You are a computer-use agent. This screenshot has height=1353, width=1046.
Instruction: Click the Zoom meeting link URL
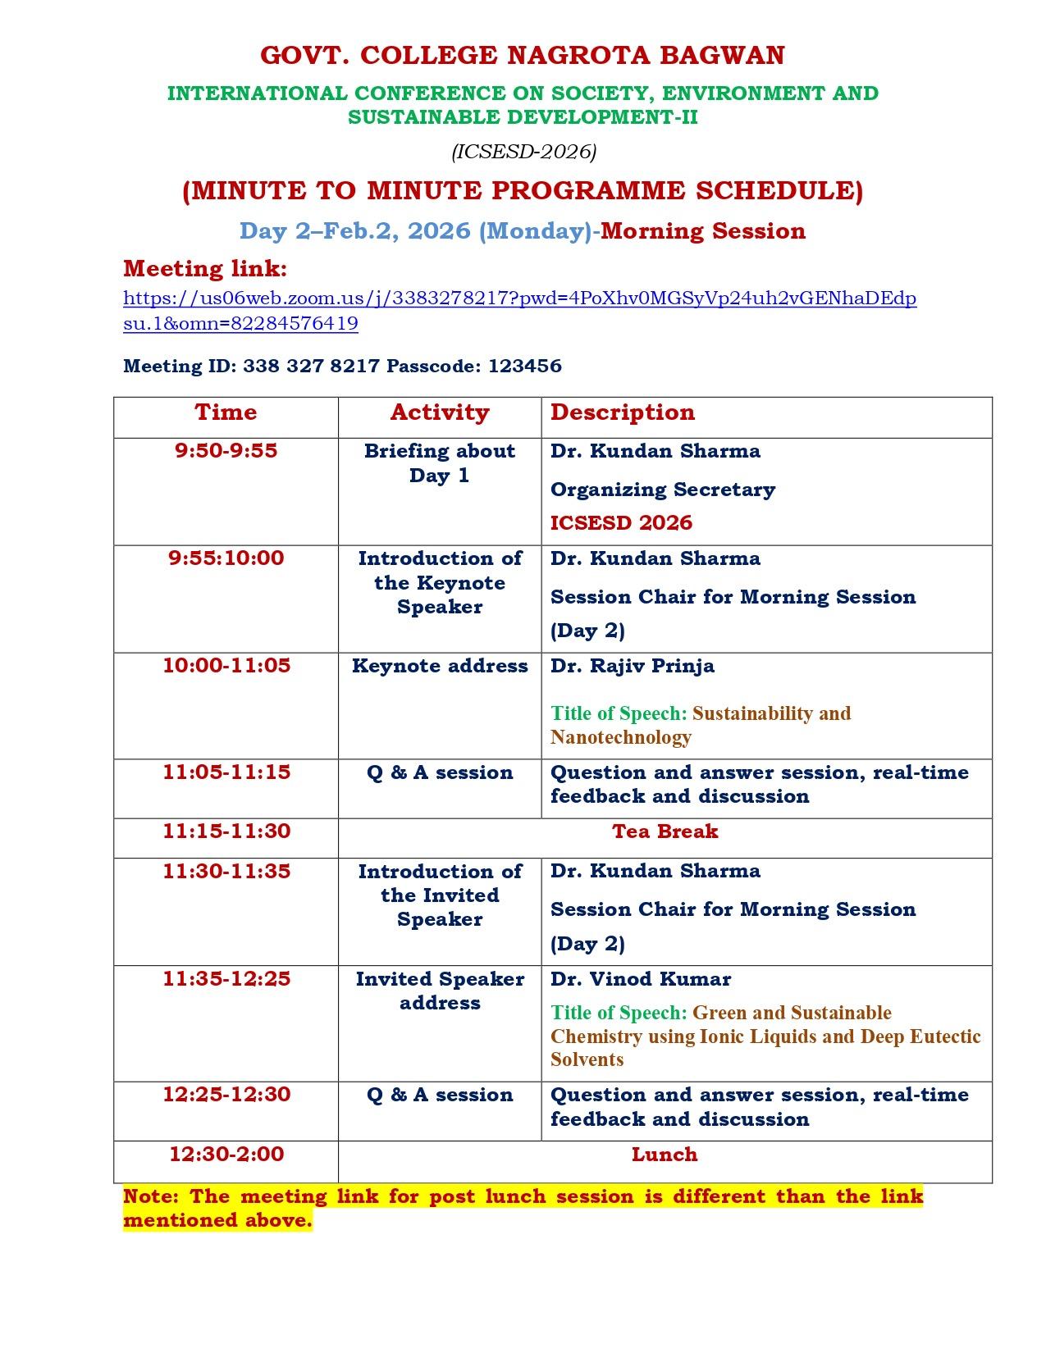pos(519,298)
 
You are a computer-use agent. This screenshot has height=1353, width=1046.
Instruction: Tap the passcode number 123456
pos(524,366)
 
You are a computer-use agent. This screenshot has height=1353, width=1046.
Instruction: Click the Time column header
pos(226,412)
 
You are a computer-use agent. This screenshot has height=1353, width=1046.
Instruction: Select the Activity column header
pos(440,412)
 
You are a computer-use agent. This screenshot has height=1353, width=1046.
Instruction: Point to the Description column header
pos(622,412)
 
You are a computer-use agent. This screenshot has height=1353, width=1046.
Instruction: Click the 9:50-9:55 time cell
pos(226,451)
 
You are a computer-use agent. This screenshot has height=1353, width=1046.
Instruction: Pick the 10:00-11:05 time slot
pos(226,666)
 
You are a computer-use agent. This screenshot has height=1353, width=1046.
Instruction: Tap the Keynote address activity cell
pos(440,666)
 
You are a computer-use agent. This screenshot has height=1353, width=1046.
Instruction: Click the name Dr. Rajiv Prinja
pos(632,666)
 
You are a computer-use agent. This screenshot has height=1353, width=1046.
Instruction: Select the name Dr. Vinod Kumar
pos(640,979)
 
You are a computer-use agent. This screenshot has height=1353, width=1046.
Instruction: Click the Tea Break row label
pos(665,831)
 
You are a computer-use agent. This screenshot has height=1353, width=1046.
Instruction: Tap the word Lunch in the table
pos(665,1155)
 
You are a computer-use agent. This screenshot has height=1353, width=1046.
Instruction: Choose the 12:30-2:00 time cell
pos(226,1155)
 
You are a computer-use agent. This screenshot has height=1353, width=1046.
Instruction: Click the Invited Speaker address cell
pos(440,991)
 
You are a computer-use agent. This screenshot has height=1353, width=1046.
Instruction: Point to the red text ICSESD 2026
pos(621,523)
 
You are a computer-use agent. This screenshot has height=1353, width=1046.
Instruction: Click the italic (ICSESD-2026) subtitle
pos(523,152)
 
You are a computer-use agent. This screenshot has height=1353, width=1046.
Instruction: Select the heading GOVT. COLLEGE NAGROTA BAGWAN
pos(523,56)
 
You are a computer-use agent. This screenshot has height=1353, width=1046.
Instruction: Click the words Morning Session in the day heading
pos(703,231)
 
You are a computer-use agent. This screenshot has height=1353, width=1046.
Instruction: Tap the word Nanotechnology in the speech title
pos(620,737)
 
